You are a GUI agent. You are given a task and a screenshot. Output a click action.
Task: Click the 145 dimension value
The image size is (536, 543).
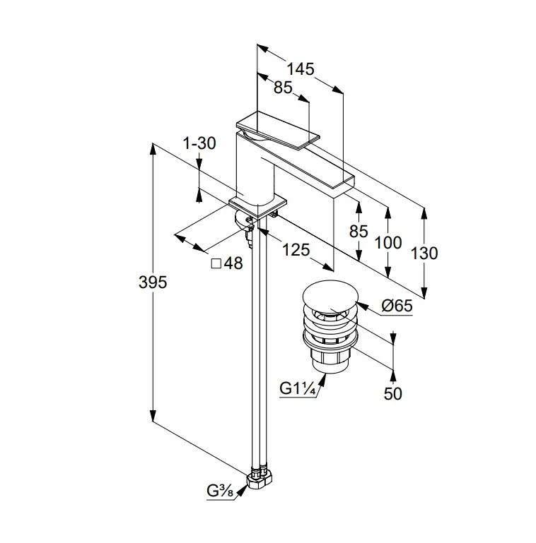click(300, 68)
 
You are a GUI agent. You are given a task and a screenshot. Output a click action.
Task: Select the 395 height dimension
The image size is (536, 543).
click(152, 282)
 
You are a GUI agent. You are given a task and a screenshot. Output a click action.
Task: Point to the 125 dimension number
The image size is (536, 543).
click(295, 249)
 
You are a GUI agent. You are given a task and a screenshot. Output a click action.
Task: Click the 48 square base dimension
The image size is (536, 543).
click(227, 263)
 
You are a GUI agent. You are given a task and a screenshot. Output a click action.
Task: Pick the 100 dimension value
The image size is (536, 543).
click(388, 242)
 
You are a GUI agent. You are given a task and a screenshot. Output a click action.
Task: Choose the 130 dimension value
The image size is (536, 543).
click(424, 253)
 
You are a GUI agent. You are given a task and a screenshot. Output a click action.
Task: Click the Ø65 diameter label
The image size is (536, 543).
click(397, 306)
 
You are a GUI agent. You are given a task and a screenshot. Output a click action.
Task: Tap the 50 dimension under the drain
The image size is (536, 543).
click(392, 393)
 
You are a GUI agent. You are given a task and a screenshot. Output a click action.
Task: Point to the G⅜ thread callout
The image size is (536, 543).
click(221, 491)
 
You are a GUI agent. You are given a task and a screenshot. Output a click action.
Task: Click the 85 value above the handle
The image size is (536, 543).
click(283, 88)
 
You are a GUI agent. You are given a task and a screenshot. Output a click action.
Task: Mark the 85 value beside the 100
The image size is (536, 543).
click(359, 231)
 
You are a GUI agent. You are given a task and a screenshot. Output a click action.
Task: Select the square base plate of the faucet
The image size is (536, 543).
click(259, 205)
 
